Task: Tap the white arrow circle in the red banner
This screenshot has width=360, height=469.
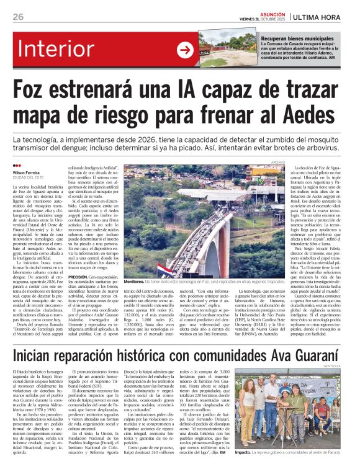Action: (x=185, y=50)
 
